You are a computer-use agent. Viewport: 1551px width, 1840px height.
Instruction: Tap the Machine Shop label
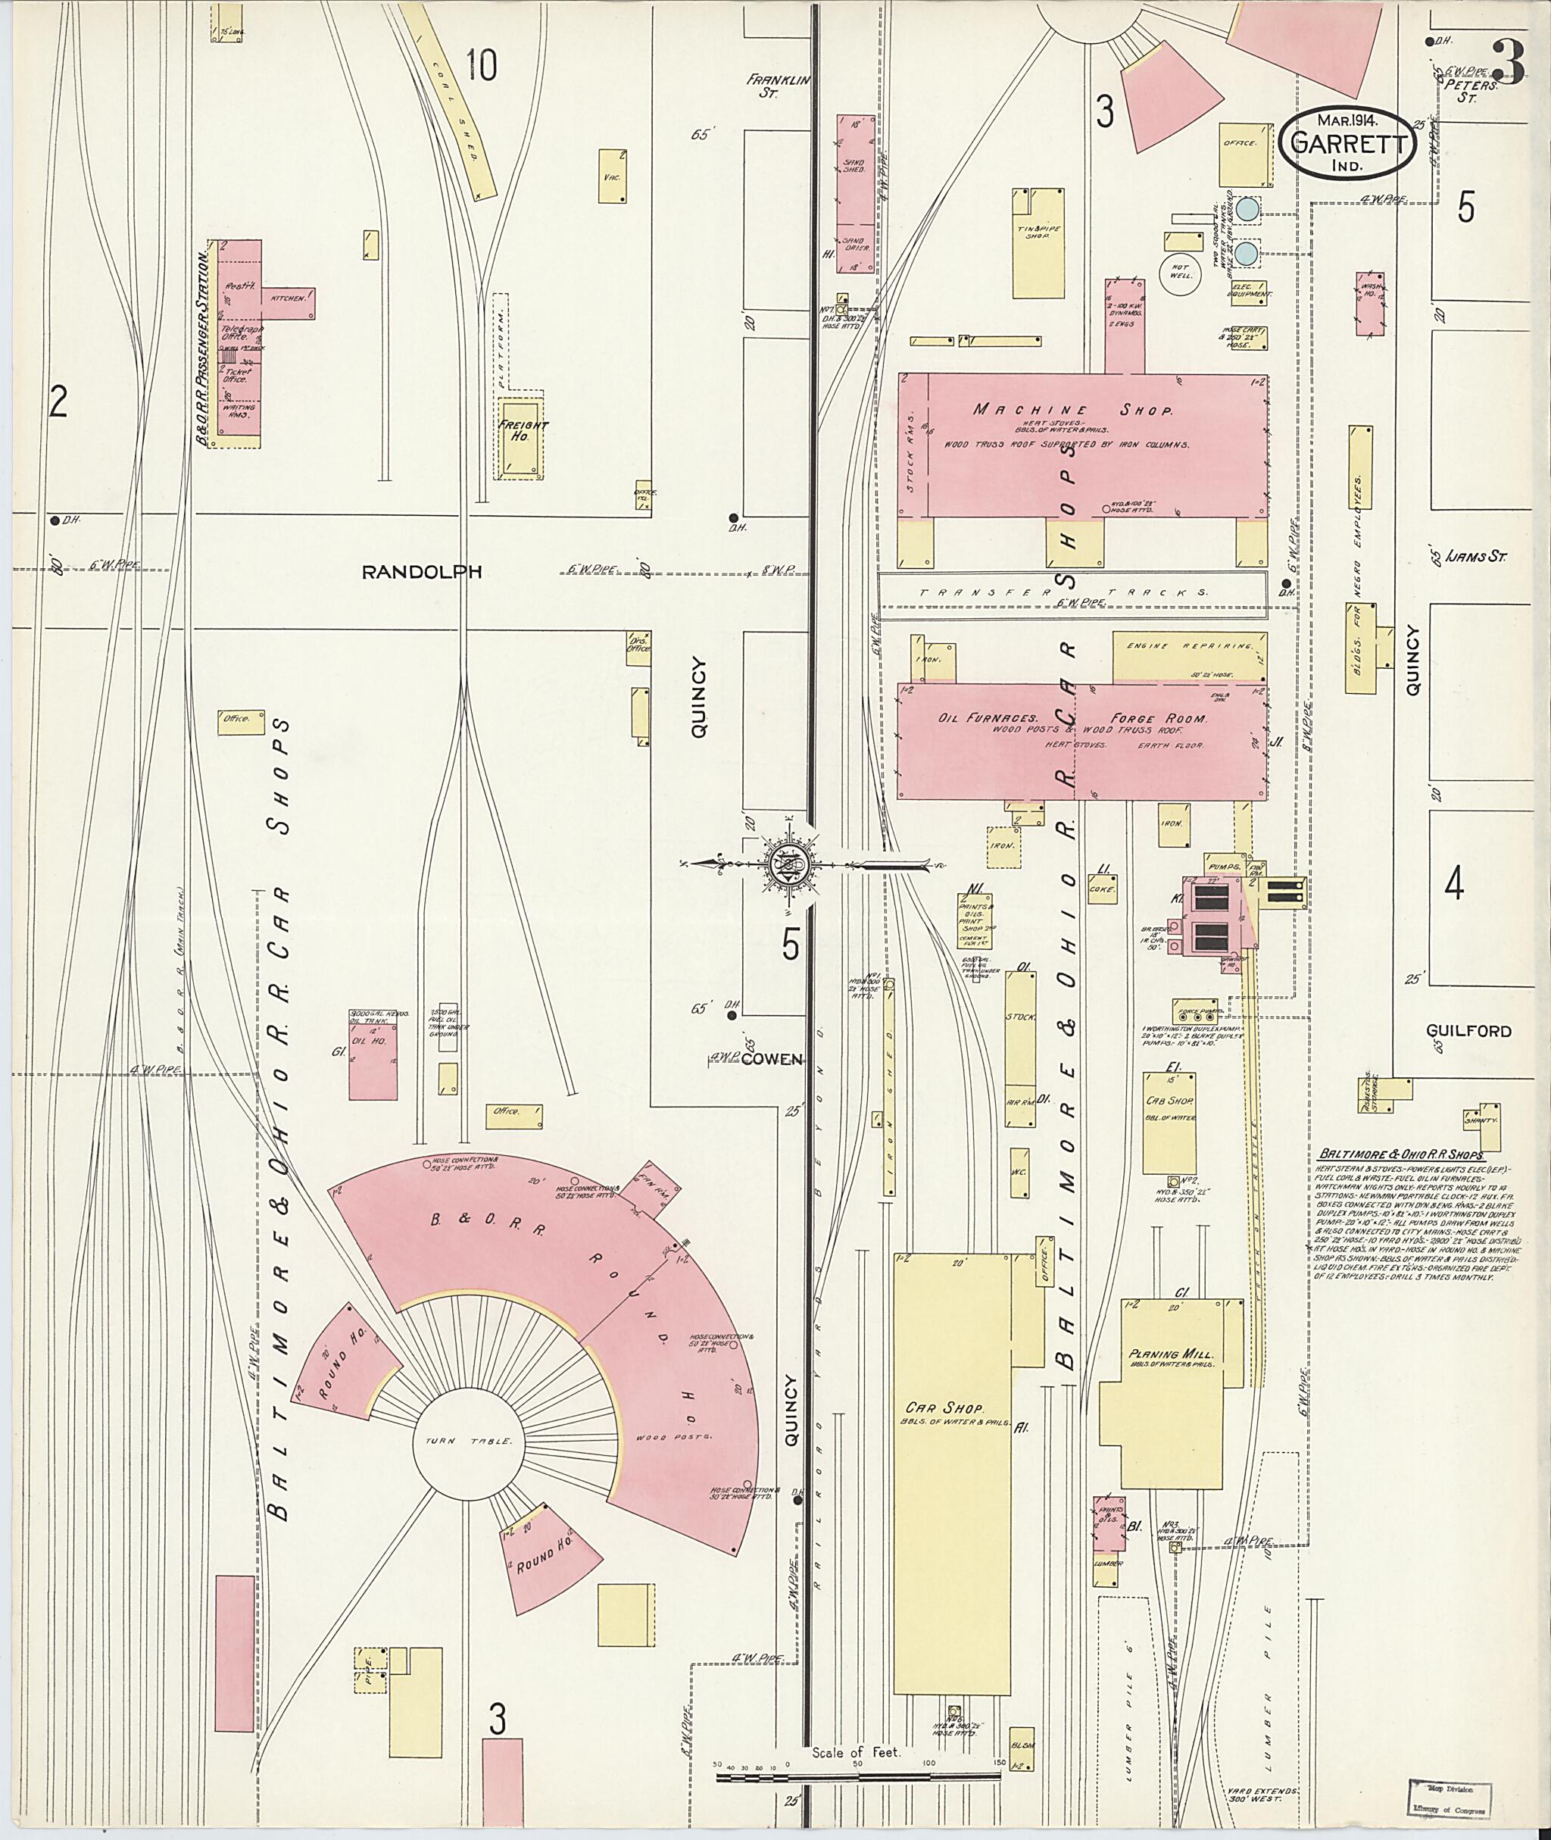(x=1072, y=410)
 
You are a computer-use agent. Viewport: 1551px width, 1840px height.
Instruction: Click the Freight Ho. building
(x=523, y=437)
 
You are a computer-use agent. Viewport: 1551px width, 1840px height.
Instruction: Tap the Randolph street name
(x=423, y=572)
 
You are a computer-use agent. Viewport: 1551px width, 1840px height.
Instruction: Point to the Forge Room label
(x=1158, y=719)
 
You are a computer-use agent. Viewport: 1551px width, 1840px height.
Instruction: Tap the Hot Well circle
(x=1179, y=271)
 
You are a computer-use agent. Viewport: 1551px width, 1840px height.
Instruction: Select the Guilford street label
(x=1468, y=1031)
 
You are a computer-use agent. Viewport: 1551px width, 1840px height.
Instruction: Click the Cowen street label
(x=771, y=1059)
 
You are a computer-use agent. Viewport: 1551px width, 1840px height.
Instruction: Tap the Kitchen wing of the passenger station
(x=289, y=299)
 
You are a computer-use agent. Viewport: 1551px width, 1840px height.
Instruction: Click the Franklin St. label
(x=776, y=86)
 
